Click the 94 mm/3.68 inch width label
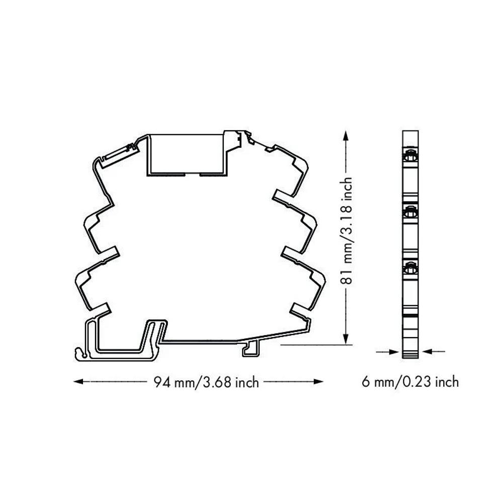[x=206, y=383]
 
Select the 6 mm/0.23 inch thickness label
[x=410, y=382]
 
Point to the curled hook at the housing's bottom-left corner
[x=78, y=354]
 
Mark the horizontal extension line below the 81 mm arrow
[x=312, y=345]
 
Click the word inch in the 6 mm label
[x=447, y=382]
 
